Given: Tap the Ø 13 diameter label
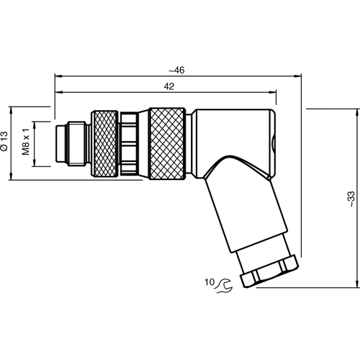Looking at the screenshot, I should tap(6, 142).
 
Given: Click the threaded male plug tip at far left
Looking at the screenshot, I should tap(67, 143).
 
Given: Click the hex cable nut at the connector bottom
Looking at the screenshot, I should tap(266, 274).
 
